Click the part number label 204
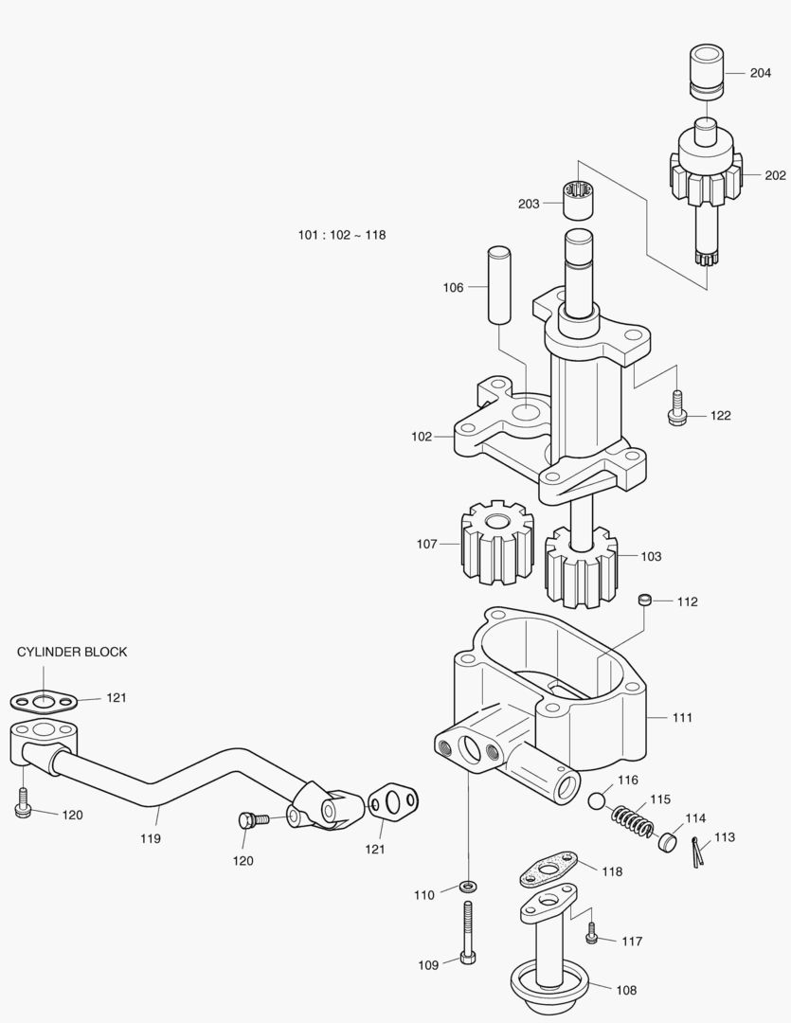click(760, 73)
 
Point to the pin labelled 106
click(501, 285)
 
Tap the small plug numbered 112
click(645, 600)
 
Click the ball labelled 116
click(597, 801)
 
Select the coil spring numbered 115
click(633, 818)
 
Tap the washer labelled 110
click(467, 887)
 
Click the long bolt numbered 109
click(467, 933)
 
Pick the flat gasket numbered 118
click(548, 870)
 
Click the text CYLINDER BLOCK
click(72, 652)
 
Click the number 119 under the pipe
click(150, 838)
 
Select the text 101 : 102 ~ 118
click(342, 235)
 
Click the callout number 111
click(682, 717)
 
